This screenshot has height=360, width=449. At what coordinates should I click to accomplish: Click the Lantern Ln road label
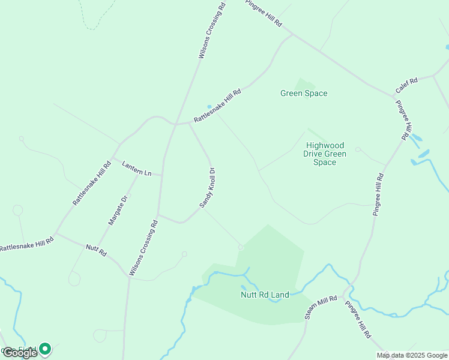[x=137, y=169]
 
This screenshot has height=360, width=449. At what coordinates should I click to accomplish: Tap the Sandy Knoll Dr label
[x=208, y=188]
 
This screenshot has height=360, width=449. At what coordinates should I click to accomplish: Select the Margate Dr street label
[x=119, y=210]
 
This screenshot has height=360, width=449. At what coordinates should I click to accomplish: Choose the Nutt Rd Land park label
[x=265, y=295]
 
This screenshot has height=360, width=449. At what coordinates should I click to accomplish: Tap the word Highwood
[x=325, y=146]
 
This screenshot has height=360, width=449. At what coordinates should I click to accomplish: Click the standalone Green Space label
[x=304, y=93]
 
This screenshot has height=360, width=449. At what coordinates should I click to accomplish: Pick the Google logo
[x=20, y=353]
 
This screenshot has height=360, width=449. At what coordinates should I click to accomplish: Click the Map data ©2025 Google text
[x=412, y=355]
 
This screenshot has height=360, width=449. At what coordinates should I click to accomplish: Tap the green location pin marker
[x=44, y=349]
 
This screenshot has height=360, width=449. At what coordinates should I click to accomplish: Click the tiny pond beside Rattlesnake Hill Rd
[x=209, y=107]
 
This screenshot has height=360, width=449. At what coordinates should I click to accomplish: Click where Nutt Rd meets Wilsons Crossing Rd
[x=129, y=276]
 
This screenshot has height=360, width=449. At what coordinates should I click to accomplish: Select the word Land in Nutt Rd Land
[x=279, y=295]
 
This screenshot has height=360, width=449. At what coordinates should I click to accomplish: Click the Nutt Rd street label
[x=96, y=251]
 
